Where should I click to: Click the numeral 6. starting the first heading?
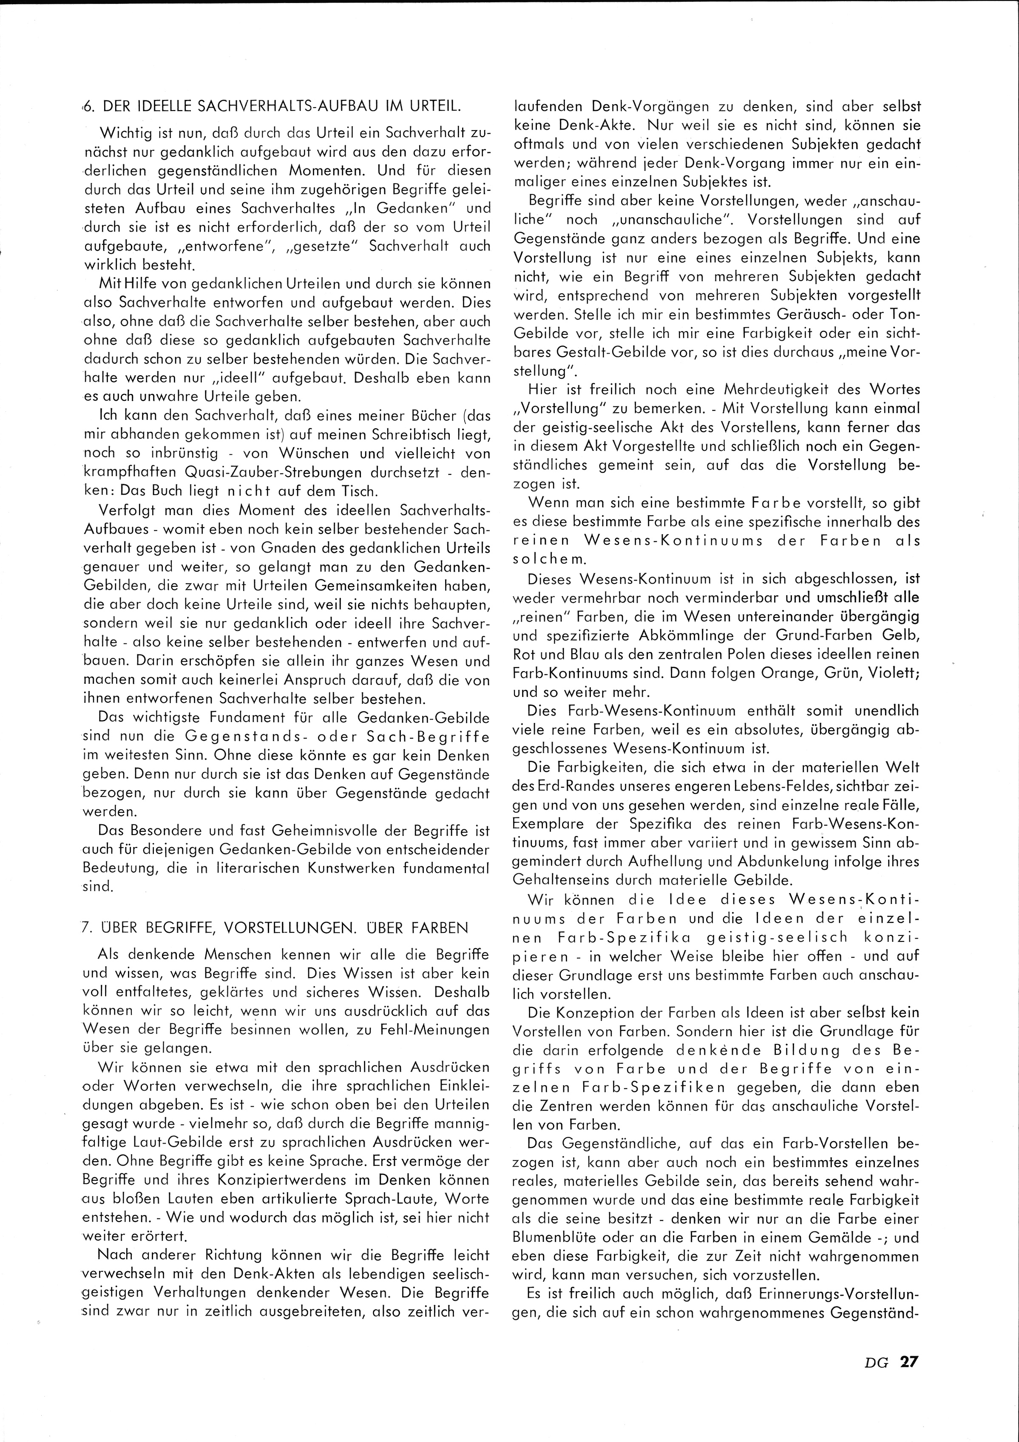pyautogui.click(x=88, y=108)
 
